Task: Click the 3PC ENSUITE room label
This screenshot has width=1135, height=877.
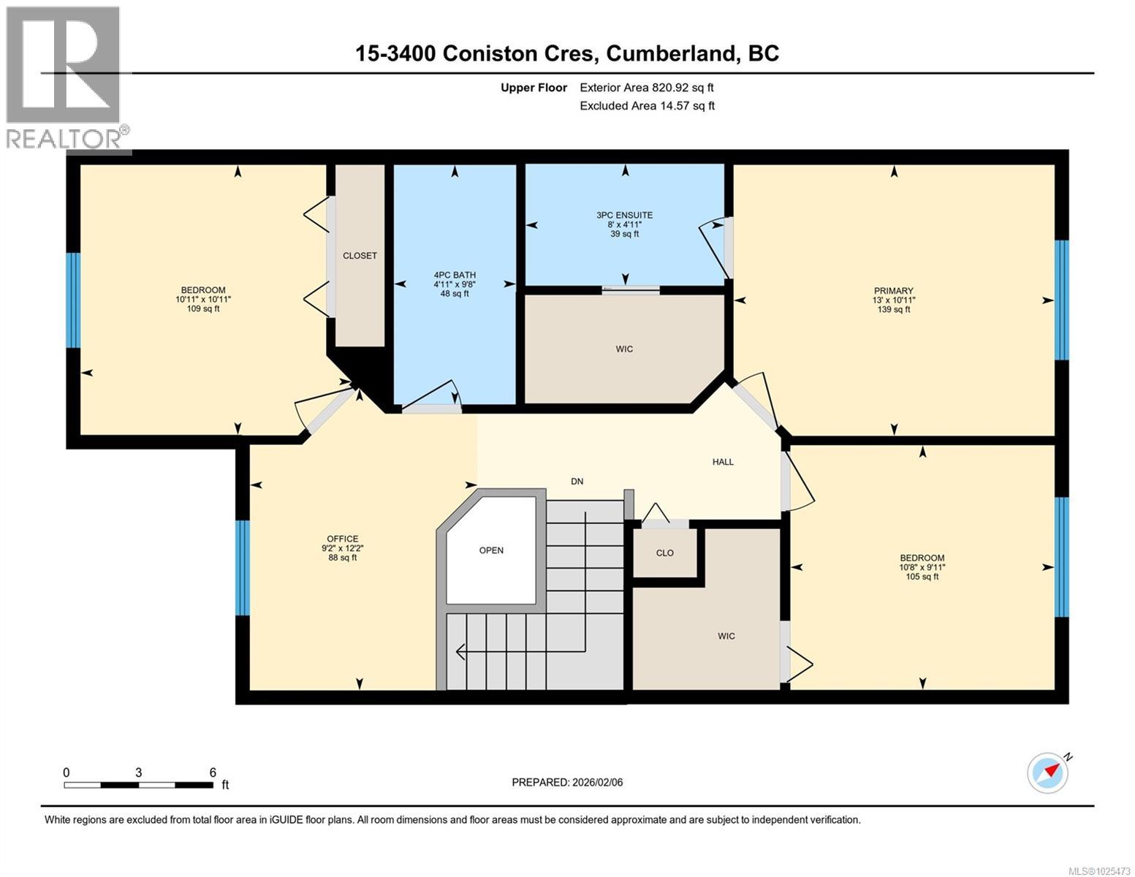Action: point(624,215)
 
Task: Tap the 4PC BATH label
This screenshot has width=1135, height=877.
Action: point(455,275)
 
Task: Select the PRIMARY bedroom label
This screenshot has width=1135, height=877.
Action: point(893,290)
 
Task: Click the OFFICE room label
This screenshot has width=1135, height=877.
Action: point(342,539)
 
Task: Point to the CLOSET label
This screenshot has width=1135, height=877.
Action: point(360,256)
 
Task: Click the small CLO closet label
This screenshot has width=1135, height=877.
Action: point(664,553)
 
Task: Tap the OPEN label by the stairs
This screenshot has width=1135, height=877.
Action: point(491,550)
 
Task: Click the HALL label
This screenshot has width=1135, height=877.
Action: point(723,462)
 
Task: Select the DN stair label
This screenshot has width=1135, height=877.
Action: point(577,481)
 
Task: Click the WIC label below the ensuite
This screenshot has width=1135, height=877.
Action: point(624,349)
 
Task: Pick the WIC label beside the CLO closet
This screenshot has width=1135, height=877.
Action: point(726,636)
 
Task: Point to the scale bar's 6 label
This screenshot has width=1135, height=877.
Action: point(213,772)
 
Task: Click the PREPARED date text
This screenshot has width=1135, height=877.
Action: point(567,782)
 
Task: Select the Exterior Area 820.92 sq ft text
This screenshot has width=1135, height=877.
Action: point(646,88)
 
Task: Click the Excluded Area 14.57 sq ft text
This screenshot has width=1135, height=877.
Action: point(647,106)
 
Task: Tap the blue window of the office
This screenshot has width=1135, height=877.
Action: point(242,567)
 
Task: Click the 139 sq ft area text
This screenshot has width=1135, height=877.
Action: point(893,309)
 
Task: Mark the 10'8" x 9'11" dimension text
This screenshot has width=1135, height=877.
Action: point(922,567)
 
